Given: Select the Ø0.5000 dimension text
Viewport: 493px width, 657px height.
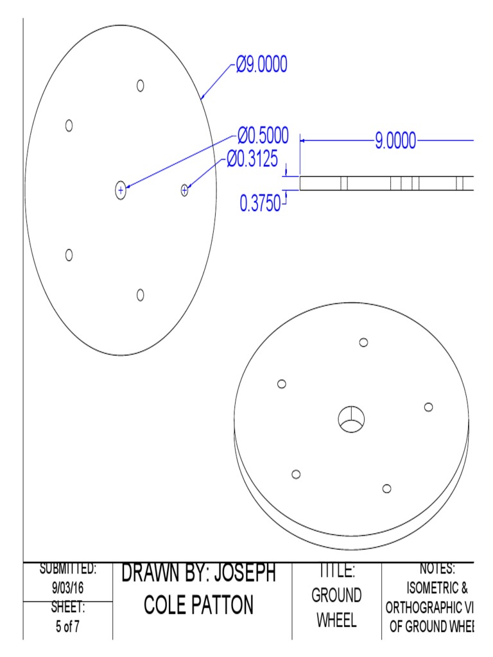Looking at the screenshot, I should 263,135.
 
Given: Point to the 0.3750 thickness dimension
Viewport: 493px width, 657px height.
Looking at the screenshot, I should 260,204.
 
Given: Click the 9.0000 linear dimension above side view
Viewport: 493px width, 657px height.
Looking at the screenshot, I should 395,140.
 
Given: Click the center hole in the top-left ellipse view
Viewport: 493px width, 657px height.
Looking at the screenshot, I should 120,190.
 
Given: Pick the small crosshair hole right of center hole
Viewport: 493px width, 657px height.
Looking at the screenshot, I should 185,189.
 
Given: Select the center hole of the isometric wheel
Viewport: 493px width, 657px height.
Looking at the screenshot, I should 351,420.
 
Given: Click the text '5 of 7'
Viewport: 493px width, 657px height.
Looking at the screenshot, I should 67,627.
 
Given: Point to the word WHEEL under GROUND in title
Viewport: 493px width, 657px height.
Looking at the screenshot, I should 336,622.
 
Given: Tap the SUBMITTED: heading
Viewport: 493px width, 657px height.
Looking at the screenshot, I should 68,568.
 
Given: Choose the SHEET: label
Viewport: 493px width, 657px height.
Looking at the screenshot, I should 67,607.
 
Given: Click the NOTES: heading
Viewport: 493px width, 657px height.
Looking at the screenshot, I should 437,568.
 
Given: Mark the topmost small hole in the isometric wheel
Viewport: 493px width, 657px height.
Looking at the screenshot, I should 364,343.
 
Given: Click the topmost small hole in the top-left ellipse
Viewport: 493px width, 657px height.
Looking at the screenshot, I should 141,85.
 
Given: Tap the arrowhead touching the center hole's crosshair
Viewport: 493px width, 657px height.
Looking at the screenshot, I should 127,187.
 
